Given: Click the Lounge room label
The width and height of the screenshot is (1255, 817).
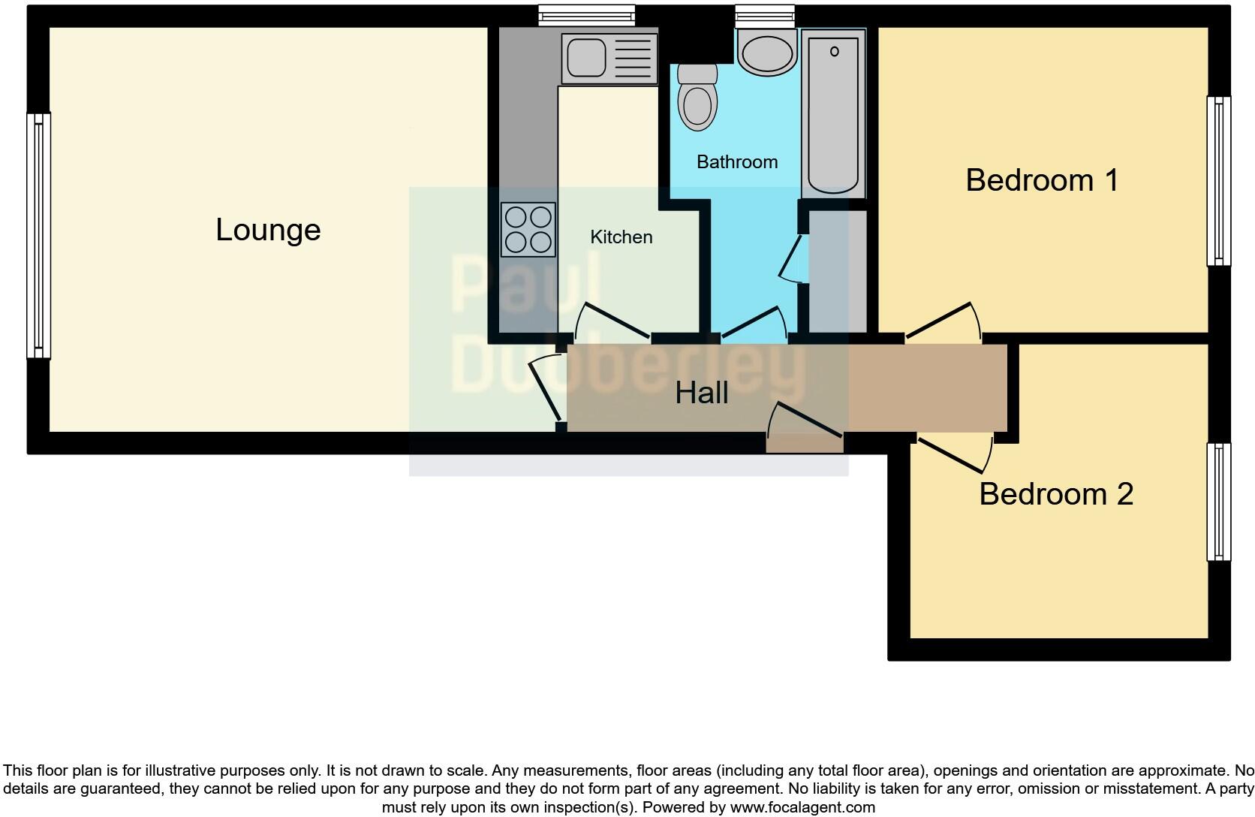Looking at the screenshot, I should (x=268, y=230).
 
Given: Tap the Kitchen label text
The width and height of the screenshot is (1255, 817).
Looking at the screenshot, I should (x=621, y=237).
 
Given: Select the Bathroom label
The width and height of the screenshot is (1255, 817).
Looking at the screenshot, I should (x=736, y=162).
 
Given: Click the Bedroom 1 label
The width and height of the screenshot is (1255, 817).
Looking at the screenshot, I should (x=1042, y=180).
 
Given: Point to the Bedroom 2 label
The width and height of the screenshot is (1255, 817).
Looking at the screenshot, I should (x=1055, y=494).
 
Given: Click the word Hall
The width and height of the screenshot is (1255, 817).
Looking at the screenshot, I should (x=701, y=393).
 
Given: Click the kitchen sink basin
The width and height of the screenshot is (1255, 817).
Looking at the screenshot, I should (x=586, y=57).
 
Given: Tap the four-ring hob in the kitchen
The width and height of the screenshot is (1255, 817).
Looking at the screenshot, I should (x=528, y=230).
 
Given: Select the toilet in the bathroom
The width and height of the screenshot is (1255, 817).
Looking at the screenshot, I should (x=697, y=98).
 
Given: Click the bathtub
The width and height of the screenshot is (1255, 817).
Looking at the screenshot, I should (x=833, y=113).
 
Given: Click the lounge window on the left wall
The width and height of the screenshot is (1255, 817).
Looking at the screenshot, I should (x=38, y=235).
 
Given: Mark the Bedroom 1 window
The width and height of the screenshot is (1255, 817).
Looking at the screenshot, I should (x=1219, y=181).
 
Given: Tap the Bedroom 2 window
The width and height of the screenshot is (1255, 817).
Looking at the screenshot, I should (x=1219, y=502).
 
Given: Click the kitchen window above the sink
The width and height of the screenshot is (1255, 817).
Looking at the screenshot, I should (x=586, y=15).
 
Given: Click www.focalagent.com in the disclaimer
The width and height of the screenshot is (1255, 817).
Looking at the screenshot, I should (x=802, y=808).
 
